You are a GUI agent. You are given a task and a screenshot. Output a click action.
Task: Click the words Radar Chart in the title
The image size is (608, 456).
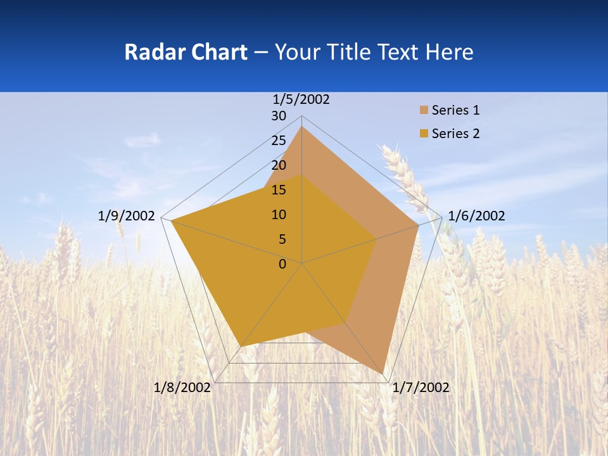[x=186, y=52]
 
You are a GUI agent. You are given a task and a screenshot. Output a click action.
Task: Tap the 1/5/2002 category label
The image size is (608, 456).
[x=301, y=99]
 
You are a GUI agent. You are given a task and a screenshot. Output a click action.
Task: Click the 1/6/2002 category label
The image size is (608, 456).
[x=476, y=216]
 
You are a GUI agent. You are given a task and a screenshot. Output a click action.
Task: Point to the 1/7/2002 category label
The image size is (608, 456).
[x=421, y=388]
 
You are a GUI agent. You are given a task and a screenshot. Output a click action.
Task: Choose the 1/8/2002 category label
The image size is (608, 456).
[x=182, y=388]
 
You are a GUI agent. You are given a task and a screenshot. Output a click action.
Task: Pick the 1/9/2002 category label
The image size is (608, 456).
[x=127, y=216]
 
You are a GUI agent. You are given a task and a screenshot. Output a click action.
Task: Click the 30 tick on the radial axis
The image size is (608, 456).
[x=279, y=116]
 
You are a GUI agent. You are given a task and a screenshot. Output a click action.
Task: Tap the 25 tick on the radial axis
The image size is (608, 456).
[x=279, y=141]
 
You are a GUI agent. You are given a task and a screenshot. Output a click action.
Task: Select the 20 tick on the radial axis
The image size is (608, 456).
[x=279, y=165]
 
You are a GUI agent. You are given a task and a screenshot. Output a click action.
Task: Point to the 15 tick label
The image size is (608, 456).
[x=279, y=190]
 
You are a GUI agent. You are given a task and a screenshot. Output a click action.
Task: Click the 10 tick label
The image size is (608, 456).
[x=279, y=215]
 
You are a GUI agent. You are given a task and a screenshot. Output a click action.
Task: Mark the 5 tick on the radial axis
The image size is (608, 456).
[x=282, y=239]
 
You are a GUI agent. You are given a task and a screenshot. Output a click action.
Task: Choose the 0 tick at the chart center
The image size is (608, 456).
[x=282, y=264]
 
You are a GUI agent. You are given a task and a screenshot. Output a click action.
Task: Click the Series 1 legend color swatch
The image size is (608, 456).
[x=424, y=110]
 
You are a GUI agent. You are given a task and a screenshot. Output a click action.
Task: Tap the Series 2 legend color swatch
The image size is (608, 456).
[x=424, y=134]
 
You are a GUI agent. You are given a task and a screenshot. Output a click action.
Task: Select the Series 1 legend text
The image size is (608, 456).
[x=455, y=110]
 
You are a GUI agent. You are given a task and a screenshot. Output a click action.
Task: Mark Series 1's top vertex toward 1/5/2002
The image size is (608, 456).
[x=302, y=127]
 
